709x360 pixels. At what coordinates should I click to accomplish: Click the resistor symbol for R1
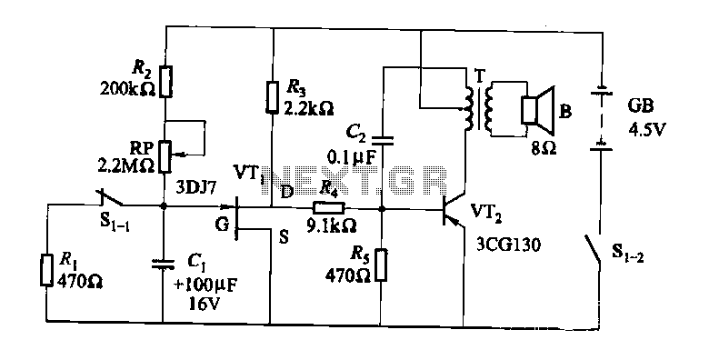tap(45, 270)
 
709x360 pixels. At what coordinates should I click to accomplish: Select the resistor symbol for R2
tap(166, 82)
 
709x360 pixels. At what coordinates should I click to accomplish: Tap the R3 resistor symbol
tap(271, 96)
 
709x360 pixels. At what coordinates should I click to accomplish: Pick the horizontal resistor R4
tap(329, 208)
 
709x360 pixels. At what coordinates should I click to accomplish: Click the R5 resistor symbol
tap(381, 265)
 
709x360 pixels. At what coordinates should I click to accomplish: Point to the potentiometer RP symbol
tap(166, 156)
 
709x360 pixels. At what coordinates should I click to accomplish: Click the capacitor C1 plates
tap(163, 265)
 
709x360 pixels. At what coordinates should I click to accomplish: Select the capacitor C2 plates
tap(383, 141)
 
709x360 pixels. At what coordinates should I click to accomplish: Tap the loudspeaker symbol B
tap(538, 110)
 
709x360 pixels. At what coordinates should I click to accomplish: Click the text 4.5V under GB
tap(647, 130)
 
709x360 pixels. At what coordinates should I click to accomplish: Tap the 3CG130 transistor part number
tap(508, 245)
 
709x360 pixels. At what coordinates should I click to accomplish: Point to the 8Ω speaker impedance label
tap(544, 148)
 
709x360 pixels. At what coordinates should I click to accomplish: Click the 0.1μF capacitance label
tap(352, 157)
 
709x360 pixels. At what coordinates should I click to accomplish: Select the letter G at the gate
tap(222, 225)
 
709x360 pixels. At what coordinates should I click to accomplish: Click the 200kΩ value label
tap(128, 89)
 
